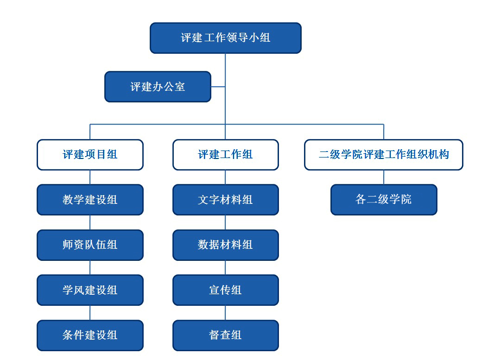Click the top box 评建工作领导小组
tap(226, 38)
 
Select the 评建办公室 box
tap(158, 87)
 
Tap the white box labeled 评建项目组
tap(90, 155)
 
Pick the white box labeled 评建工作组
tap(226, 155)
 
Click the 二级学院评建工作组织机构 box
tap(383, 155)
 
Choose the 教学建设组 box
tap(90, 200)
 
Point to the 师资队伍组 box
tap(90, 245)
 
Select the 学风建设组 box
tap(90, 290)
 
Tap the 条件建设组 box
tap(90, 335)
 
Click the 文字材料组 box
tap(226, 200)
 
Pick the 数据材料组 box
tap(226, 245)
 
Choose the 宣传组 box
tap(226, 290)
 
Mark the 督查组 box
tap(226, 335)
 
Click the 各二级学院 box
tap(383, 200)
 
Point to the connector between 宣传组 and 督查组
tap(226, 313)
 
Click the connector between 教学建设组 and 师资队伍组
tap(90, 222)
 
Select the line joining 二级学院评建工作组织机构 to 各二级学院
tap(383, 177)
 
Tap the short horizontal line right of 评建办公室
tap(218, 87)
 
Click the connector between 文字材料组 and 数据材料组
tap(226, 222)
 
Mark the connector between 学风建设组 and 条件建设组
tap(90, 313)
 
